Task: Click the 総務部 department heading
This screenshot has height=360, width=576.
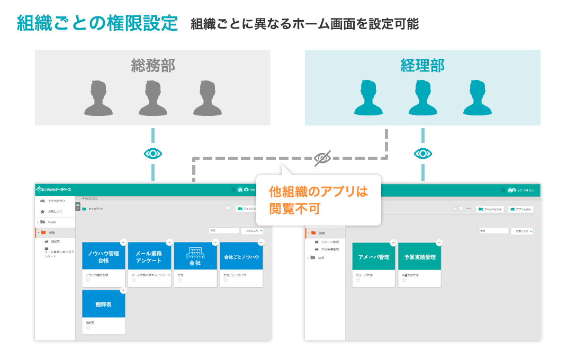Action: pos(153,66)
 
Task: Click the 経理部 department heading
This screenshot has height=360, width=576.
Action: pos(422,66)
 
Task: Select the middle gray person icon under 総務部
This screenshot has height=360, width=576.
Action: pos(153,98)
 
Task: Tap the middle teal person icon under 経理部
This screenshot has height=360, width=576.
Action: pos(422,98)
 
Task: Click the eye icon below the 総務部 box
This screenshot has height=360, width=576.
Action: pos(153,154)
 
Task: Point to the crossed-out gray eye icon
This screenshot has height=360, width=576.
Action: pos(322,157)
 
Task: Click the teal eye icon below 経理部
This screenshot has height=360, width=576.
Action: pos(422,154)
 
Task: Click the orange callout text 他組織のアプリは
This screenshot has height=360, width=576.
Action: pos(318,192)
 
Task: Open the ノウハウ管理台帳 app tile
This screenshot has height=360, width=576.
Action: pos(104,257)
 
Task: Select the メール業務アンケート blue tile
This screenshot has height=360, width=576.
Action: pos(150,257)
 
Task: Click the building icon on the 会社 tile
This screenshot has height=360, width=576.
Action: pos(195,252)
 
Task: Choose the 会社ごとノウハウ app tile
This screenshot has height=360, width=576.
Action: pos(241,257)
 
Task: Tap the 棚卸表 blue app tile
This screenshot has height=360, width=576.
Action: pos(104,304)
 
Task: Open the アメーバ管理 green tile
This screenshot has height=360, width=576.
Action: pos(374,257)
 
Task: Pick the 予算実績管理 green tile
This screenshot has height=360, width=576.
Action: pos(420,257)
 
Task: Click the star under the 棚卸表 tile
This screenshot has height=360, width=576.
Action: pos(88,328)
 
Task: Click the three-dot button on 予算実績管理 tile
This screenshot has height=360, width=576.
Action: pos(439,242)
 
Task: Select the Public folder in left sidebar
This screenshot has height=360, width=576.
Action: pos(52,222)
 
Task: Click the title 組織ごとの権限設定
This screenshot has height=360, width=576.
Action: pos(97,23)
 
